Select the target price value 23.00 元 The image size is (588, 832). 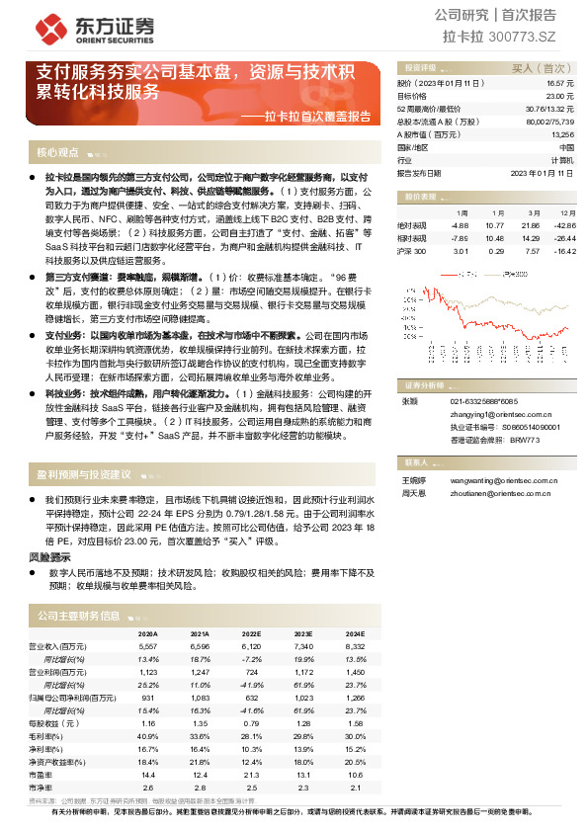coord(557,96)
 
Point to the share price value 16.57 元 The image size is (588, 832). coord(557,84)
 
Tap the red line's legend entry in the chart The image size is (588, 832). coord(465,275)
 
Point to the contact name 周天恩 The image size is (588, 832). coord(412,492)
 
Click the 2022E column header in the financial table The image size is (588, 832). coord(251,633)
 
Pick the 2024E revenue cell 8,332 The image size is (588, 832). coord(355,645)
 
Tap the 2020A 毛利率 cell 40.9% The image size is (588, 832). coord(148,736)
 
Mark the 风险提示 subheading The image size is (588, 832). coord(48,557)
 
